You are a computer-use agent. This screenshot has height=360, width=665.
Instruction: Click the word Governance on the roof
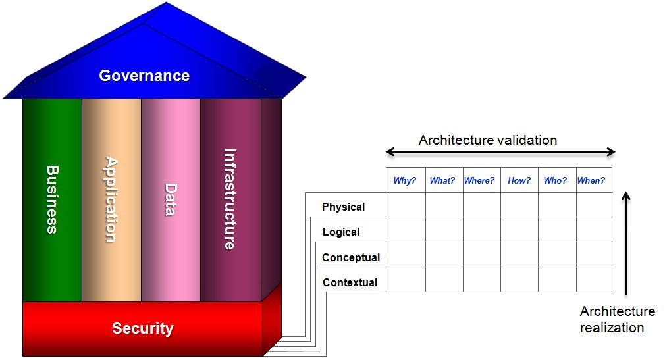click(144, 76)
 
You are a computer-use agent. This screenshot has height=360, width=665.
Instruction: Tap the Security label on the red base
click(142, 328)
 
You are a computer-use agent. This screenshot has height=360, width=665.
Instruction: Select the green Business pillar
click(52, 200)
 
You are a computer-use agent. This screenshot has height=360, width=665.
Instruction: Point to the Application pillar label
click(111, 199)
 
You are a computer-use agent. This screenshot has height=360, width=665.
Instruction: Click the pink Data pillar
click(171, 200)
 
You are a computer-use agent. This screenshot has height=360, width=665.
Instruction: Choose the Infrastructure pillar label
click(230, 199)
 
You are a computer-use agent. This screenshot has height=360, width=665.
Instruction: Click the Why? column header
click(405, 180)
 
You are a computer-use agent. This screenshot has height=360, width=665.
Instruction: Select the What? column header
click(442, 180)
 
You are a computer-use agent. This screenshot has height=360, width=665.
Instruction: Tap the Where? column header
click(479, 180)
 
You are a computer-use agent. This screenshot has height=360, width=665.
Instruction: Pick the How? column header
click(519, 180)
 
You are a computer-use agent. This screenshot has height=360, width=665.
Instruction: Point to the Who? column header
click(555, 180)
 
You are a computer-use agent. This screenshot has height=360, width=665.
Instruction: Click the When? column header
click(591, 180)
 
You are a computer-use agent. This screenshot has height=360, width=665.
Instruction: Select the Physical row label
click(343, 207)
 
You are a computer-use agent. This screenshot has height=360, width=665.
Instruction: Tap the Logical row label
click(341, 232)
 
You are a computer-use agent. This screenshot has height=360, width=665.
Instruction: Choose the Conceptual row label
click(351, 257)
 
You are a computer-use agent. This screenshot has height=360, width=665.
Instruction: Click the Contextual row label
click(350, 282)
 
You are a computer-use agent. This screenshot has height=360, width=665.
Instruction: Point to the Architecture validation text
click(488, 140)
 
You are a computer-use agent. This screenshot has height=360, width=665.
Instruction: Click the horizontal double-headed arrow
click(500, 152)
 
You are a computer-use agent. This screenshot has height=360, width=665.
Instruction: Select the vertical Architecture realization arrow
click(626, 244)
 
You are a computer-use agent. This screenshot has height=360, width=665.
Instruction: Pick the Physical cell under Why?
click(406, 205)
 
